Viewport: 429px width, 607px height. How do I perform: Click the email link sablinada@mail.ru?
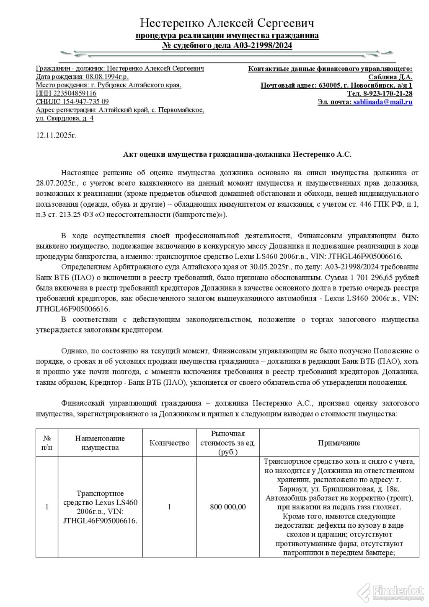[x=382, y=102]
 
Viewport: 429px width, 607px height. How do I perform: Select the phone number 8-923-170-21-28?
[x=388, y=93]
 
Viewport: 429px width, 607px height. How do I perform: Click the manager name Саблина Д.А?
[x=390, y=77]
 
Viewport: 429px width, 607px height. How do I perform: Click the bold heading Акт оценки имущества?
[x=237, y=154]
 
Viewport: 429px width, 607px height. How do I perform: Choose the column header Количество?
[x=169, y=443]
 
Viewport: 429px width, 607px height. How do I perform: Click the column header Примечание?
[x=339, y=443]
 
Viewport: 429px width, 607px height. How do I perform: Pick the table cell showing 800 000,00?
[x=228, y=507]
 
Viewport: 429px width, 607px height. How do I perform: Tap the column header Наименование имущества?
[x=100, y=443]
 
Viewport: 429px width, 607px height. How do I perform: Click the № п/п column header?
[x=47, y=443]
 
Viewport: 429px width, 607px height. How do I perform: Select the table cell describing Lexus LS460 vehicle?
[x=100, y=507]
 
